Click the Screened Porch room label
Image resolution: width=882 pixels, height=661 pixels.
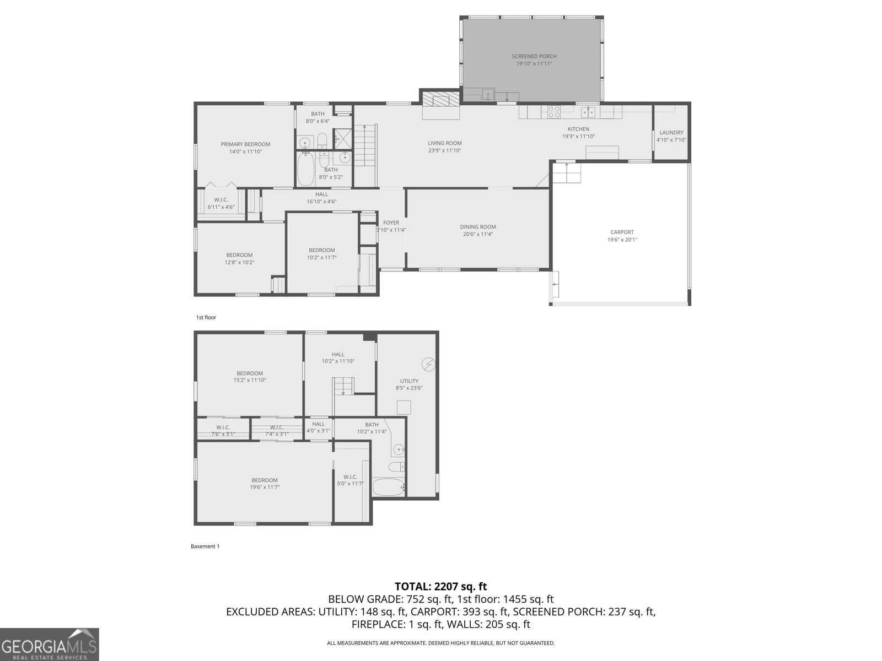(534, 56)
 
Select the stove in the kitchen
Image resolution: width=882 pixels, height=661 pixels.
(554, 112)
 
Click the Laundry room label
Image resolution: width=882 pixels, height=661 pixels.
(671, 133)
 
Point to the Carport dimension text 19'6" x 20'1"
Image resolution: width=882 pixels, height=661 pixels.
(622, 240)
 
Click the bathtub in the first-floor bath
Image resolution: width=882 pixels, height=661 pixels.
(305, 170)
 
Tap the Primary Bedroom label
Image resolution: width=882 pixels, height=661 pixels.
(245, 144)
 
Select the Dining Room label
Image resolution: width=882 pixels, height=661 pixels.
(478, 227)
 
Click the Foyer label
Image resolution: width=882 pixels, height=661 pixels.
(391, 223)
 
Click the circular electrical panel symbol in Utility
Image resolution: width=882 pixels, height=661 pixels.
(429, 364)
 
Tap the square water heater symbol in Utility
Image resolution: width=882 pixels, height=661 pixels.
(404, 408)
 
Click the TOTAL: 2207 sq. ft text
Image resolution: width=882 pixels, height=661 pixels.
(440, 587)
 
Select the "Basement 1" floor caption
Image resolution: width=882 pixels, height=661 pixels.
(205, 546)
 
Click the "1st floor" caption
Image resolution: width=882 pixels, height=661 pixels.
(206, 317)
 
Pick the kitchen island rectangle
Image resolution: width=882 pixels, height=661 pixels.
(602, 151)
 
